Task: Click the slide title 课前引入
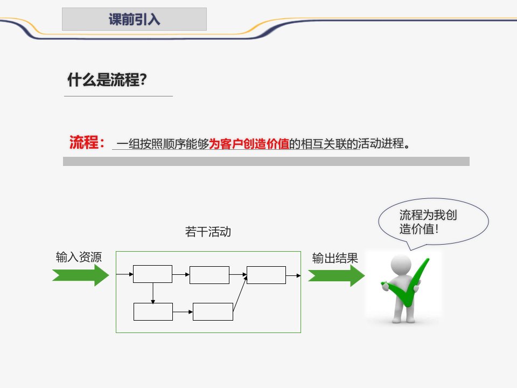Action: [x=134, y=20]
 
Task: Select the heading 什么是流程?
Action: [x=107, y=81]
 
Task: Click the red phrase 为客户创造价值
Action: [x=249, y=144]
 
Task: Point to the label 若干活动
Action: [x=208, y=232]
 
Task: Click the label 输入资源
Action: [x=79, y=257]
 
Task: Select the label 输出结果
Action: [x=335, y=258]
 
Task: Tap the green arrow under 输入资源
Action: [x=81, y=275]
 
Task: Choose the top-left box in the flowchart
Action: [x=152, y=274]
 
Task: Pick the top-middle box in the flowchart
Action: [x=209, y=274]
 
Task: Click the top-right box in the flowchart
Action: [x=266, y=274]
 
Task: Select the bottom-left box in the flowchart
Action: [x=153, y=311]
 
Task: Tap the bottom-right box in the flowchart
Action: [x=213, y=311]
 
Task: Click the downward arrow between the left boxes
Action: [x=153, y=293]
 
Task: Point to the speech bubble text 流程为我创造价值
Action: [x=429, y=221]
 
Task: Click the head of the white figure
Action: [x=401, y=264]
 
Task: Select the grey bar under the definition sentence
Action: [x=266, y=161]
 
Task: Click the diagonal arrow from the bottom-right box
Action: [x=240, y=292]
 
